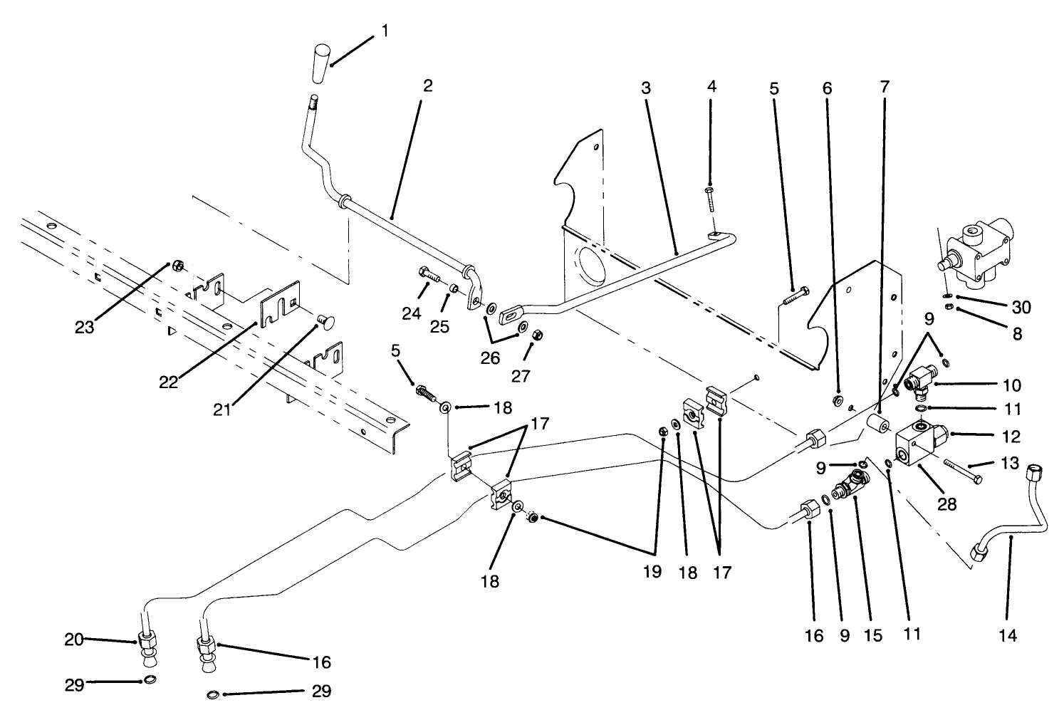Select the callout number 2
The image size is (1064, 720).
(427, 85)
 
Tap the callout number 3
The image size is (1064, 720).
(645, 89)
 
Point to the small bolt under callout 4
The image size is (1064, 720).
(711, 199)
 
